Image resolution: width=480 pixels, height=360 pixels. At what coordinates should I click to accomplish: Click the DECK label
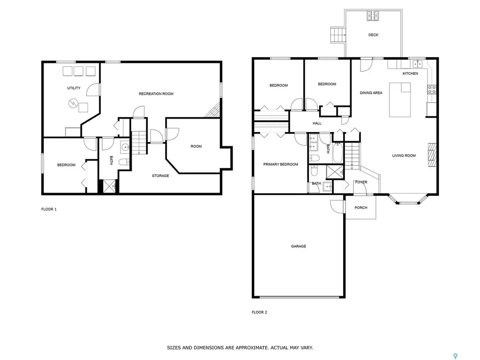pyautogui.click(x=373, y=35)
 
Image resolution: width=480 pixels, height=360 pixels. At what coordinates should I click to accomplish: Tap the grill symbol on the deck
pyautogui.click(x=373, y=15)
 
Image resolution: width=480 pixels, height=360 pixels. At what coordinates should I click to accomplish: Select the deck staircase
pyautogui.click(x=337, y=35)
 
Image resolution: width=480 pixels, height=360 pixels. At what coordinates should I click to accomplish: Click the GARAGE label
pyautogui.click(x=299, y=246)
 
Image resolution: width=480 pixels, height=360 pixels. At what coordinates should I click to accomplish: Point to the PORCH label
pyautogui.click(x=361, y=208)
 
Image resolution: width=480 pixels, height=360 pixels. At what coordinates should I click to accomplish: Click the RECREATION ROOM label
pyautogui.click(x=156, y=94)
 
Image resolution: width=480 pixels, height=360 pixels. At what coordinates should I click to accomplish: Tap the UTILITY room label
pyautogui.click(x=74, y=88)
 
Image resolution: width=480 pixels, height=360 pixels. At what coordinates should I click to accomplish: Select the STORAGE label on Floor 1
pyautogui.click(x=160, y=176)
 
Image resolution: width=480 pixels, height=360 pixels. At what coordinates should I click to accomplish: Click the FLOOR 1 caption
pyautogui.click(x=49, y=209)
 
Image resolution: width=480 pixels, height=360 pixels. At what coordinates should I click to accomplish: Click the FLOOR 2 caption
pyautogui.click(x=260, y=312)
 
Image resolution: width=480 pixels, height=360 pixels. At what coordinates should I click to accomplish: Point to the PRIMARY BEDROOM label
pyautogui.click(x=281, y=165)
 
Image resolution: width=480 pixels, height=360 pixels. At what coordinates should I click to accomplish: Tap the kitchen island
pyautogui.click(x=400, y=100)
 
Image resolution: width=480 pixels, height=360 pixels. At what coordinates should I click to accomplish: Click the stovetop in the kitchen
pyautogui.click(x=432, y=90)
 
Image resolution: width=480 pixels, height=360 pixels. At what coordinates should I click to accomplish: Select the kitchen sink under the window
pyautogui.click(x=417, y=64)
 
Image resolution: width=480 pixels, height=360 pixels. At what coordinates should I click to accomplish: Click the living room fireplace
pyautogui.click(x=432, y=155)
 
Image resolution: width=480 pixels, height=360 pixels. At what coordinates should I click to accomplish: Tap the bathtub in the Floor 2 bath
pyautogui.click(x=337, y=152)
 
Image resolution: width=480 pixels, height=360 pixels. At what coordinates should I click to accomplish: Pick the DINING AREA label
pyautogui.click(x=371, y=93)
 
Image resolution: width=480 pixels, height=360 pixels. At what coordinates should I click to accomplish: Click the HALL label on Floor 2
pyautogui.click(x=317, y=123)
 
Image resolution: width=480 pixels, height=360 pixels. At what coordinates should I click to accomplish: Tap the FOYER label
pyautogui.click(x=361, y=182)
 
